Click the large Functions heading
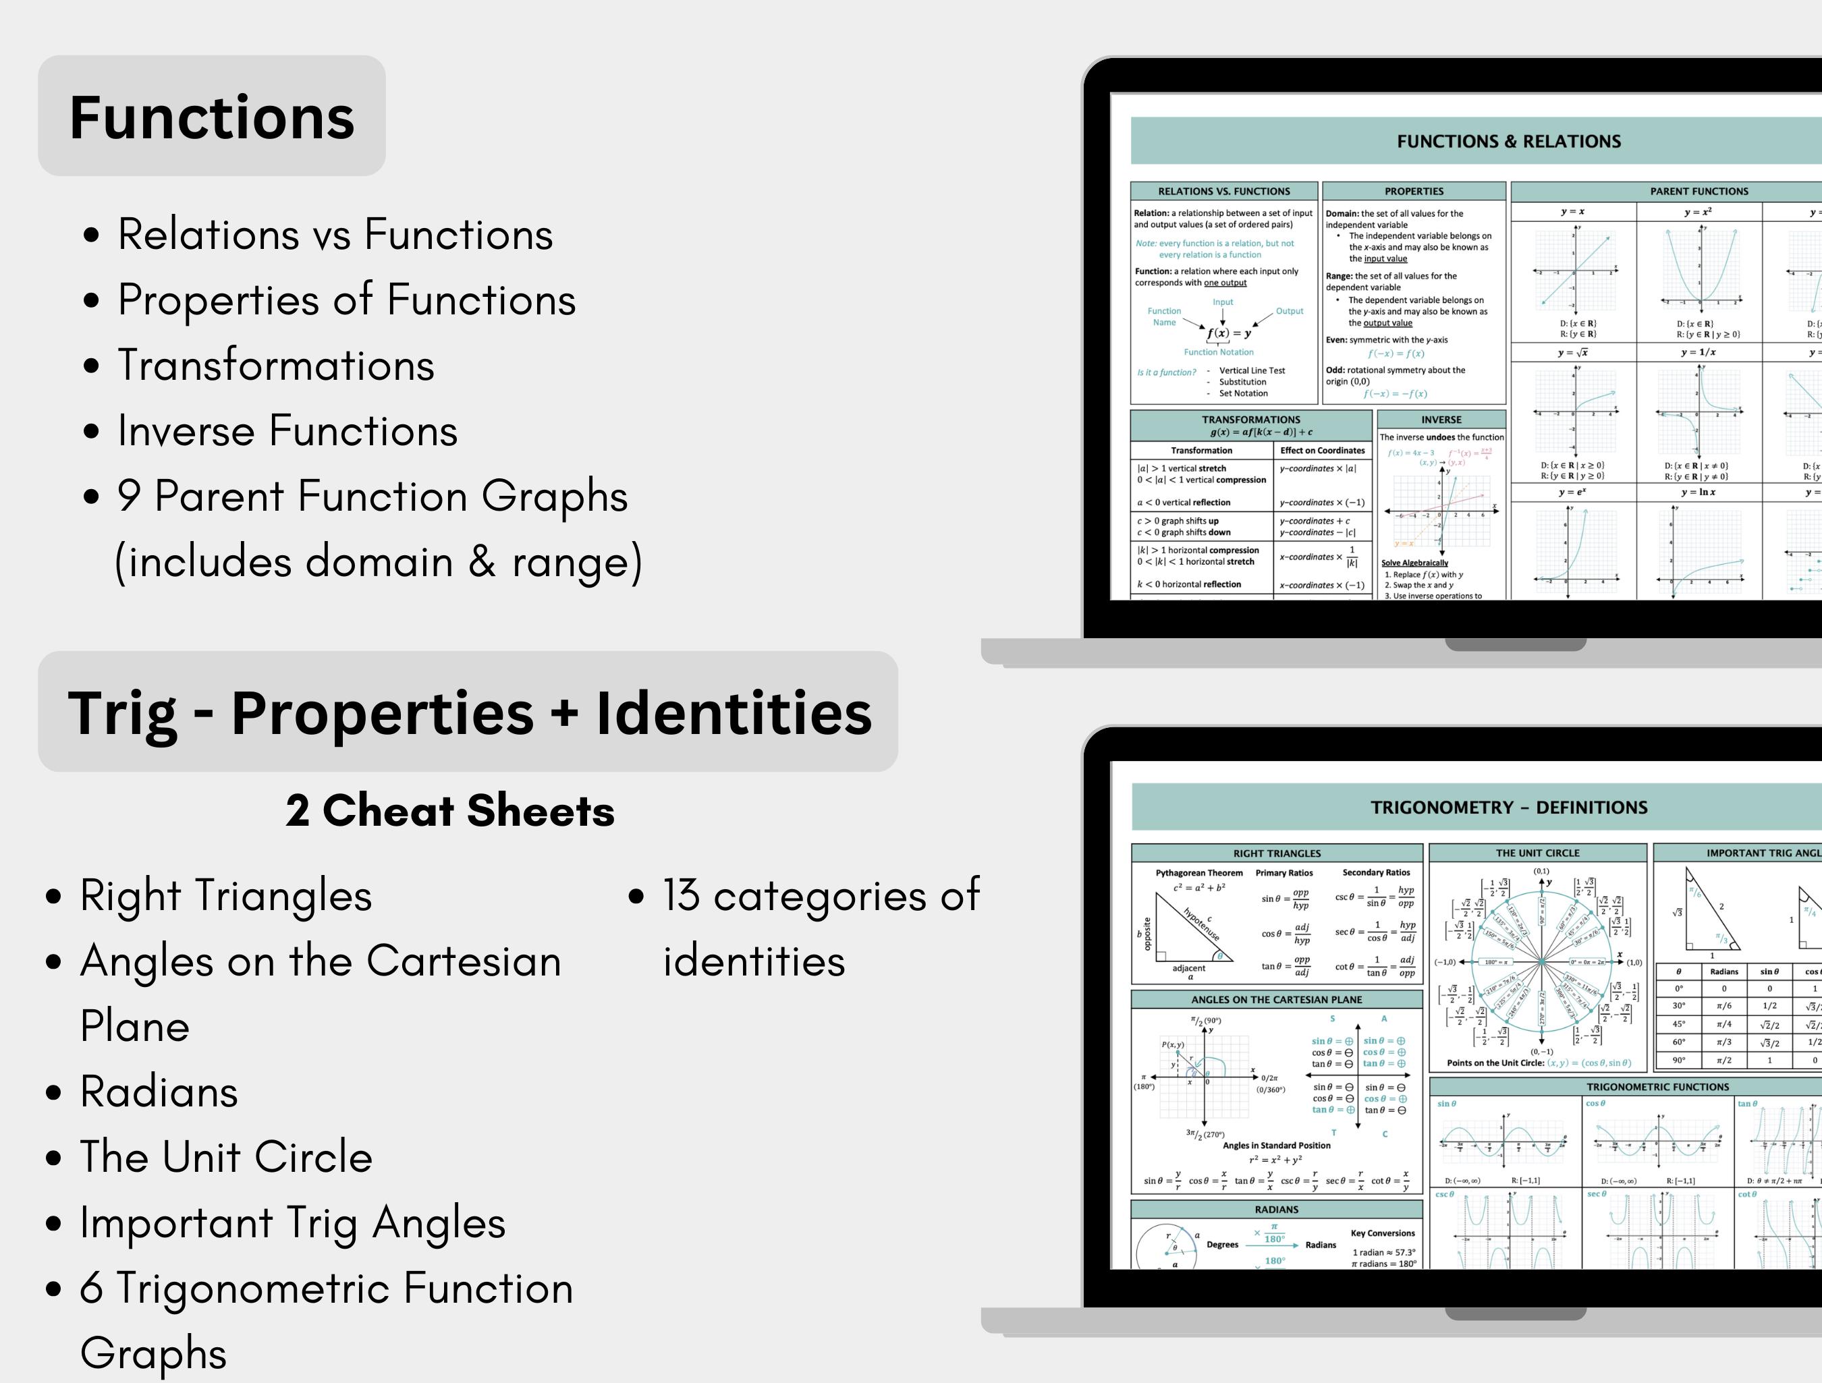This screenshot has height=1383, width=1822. click(x=212, y=117)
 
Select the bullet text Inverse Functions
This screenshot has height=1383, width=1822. click(x=287, y=431)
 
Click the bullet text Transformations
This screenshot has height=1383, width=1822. click(x=275, y=366)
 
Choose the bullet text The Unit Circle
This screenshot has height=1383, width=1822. click(x=225, y=1157)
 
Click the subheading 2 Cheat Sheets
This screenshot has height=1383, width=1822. click(x=449, y=812)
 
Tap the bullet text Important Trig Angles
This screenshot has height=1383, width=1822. click(x=292, y=1223)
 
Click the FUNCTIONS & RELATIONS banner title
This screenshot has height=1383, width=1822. click(x=1508, y=142)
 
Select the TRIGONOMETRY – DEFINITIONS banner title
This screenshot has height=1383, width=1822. click(x=1509, y=808)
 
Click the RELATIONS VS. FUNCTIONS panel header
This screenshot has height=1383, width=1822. click(x=1224, y=191)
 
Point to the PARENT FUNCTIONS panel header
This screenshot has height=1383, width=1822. click(x=1699, y=191)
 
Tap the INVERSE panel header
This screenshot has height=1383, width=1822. click(x=1441, y=419)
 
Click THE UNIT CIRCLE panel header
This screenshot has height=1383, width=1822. click(x=1537, y=853)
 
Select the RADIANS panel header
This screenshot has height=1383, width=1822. click(x=1276, y=1209)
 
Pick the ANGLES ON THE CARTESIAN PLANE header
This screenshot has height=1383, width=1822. click(x=1276, y=999)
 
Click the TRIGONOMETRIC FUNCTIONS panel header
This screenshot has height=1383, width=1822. click(x=1657, y=1086)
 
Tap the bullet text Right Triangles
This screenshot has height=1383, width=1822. click(x=225, y=896)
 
